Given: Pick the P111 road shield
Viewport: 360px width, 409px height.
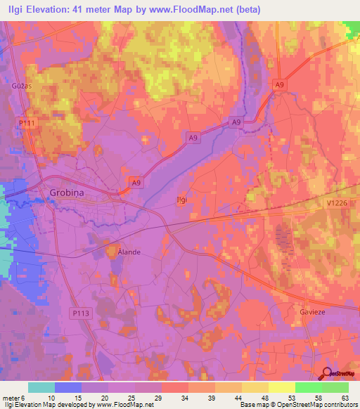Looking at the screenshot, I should tap(27, 123).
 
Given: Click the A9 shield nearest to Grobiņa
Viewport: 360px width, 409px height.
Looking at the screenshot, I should tap(137, 182).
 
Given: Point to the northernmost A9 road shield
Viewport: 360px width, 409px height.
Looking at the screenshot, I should tap(280, 85).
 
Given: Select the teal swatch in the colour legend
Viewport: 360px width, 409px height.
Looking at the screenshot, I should tap(41, 387).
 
